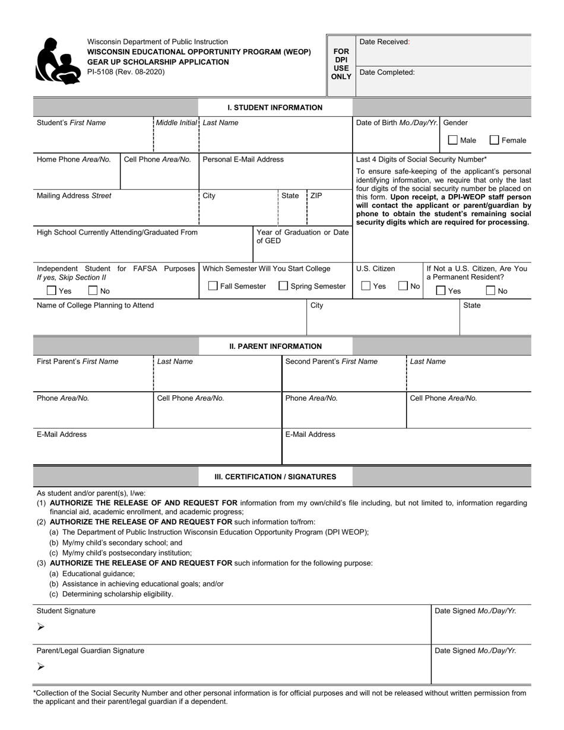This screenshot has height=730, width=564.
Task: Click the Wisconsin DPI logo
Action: (58, 61)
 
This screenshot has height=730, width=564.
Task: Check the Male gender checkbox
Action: (453, 141)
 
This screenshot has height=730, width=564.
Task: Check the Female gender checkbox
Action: (494, 141)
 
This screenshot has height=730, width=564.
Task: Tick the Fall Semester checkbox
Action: (213, 286)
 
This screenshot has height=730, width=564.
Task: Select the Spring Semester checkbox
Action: (284, 286)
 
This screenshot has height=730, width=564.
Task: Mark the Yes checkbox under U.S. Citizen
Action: (366, 286)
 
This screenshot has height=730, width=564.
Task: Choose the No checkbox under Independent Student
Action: (93, 291)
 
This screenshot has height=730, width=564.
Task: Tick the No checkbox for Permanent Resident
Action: (490, 291)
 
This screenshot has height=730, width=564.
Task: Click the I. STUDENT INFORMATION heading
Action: (275, 107)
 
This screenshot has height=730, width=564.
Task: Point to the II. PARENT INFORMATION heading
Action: (275, 346)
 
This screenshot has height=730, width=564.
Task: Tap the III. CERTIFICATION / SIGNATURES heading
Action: (275, 477)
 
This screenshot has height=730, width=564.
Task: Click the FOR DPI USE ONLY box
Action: (341, 64)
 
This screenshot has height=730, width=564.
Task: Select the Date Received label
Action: (385, 42)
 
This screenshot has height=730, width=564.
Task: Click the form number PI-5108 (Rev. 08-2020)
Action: (126, 72)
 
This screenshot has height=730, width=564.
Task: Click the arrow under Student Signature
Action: (40, 627)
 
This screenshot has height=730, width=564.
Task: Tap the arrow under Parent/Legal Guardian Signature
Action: (40, 666)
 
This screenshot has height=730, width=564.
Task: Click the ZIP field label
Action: (316, 195)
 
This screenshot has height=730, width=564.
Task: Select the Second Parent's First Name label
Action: (331, 361)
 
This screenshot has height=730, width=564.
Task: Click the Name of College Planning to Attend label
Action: (95, 305)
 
